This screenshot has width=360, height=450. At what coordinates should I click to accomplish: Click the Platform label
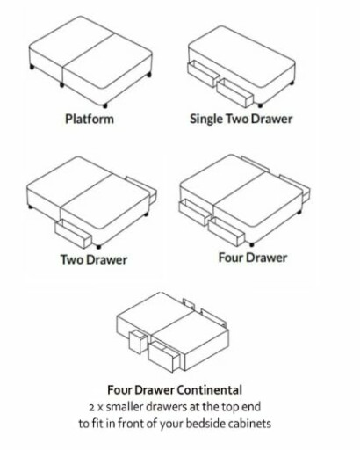(x=90, y=120)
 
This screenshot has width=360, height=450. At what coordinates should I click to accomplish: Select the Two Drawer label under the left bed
(x=94, y=260)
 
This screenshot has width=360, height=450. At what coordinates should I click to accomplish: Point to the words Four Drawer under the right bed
(x=253, y=258)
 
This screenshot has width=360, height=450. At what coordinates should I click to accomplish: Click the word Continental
(x=210, y=390)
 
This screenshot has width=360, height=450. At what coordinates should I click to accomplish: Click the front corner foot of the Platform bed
(x=104, y=105)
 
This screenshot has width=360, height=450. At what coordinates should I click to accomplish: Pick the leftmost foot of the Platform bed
(x=32, y=68)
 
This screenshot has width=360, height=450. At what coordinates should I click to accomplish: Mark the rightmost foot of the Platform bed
(x=149, y=75)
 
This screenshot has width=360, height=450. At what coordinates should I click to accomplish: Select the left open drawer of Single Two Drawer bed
(x=203, y=74)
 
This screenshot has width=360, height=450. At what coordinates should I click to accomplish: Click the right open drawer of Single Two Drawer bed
(x=235, y=92)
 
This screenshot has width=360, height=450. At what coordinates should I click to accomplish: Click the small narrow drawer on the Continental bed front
(x=138, y=342)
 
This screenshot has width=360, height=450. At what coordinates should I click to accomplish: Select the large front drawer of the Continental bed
(x=164, y=357)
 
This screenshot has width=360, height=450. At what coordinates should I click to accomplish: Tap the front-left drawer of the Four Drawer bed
(x=195, y=212)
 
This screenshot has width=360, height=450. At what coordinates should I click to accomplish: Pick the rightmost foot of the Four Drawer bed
(x=299, y=212)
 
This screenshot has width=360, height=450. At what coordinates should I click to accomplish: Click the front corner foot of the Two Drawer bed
(x=98, y=247)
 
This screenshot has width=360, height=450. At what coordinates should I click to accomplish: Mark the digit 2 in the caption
(x=91, y=408)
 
